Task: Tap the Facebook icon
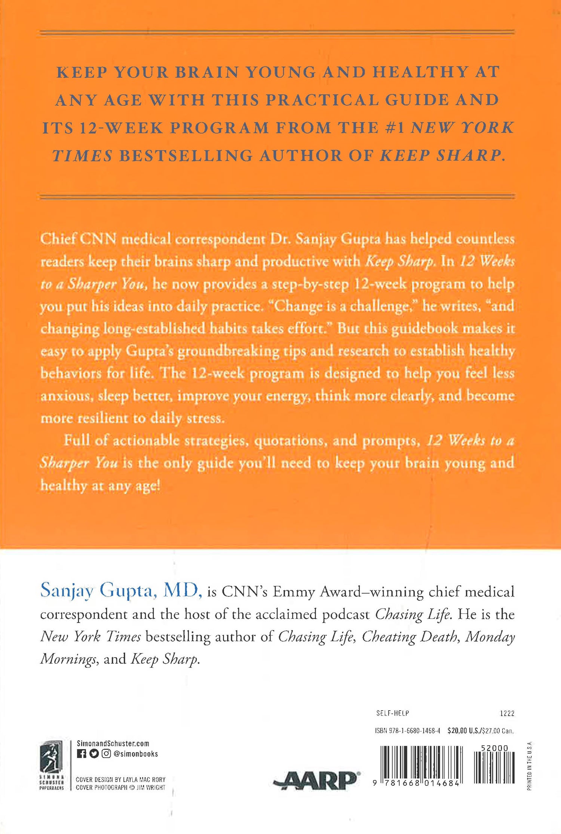pyautogui.click(x=81, y=754)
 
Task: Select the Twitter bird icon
pyautogui.click(x=93, y=754)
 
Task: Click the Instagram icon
pyautogui.click(x=106, y=754)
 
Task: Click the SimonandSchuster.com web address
pyautogui.click(x=113, y=744)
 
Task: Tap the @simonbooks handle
pyautogui.click(x=135, y=754)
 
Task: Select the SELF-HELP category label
pyautogui.click(x=392, y=713)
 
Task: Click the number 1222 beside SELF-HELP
pyautogui.click(x=507, y=714)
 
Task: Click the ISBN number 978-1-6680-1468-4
pyautogui.click(x=407, y=731)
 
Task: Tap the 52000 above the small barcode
pyautogui.click(x=494, y=748)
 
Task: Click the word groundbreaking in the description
pyautogui.click(x=228, y=351)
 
